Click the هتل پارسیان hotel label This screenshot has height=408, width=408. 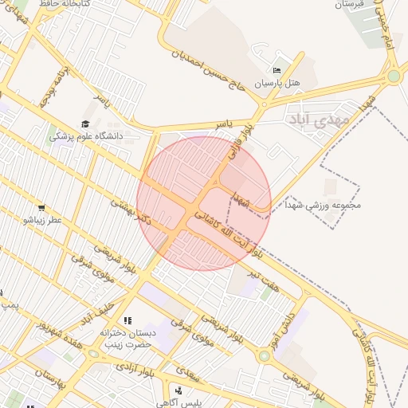(x=277, y=83)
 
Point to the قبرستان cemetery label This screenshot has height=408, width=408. (x=347, y=5)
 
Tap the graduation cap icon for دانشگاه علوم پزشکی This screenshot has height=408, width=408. (x=84, y=124)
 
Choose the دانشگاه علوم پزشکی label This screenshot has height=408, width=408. (x=86, y=136)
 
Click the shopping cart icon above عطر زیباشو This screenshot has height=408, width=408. (x=41, y=208)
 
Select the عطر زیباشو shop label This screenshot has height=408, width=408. (x=42, y=220)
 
